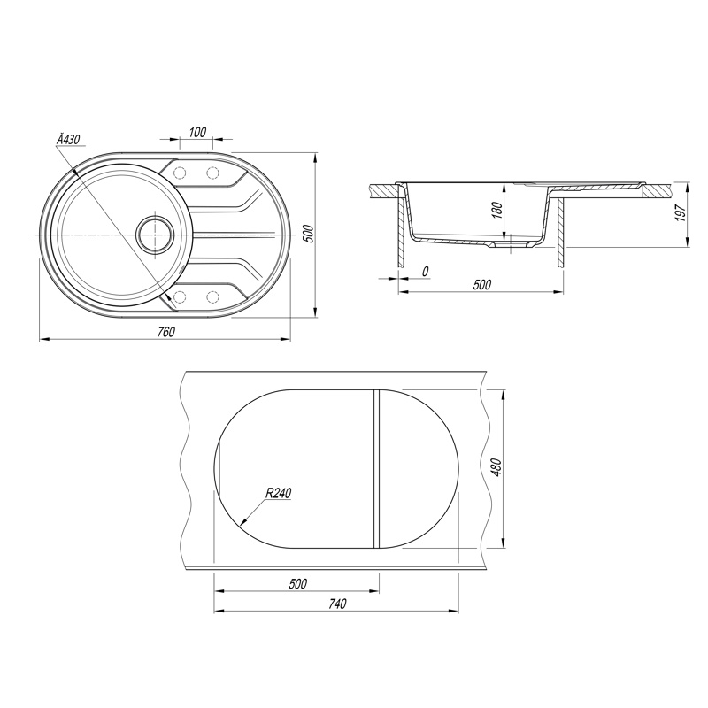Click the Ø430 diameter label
tap(68, 140)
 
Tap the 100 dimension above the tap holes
tap(197, 132)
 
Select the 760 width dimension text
tap(165, 332)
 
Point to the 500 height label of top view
tap(309, 234)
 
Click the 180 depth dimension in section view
tap(496, 210)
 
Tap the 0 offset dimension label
tap(425, 271)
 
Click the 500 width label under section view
tap(481, 284)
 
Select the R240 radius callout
tap(278, 493)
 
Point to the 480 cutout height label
tap(496, 468)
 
